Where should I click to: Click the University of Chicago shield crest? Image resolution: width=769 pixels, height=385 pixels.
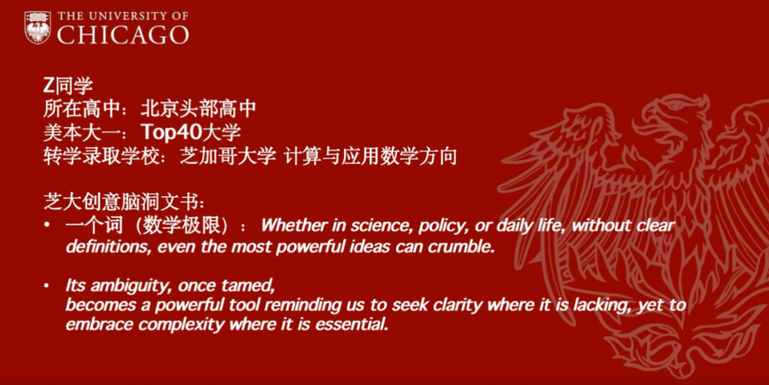37,28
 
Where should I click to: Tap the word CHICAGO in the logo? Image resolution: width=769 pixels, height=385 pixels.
122,35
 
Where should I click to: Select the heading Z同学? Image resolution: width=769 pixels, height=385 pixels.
68,86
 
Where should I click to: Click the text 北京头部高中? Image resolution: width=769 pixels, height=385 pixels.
198,109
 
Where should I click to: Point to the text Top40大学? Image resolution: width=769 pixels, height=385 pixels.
191,133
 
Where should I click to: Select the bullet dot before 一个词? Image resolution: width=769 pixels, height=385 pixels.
46,225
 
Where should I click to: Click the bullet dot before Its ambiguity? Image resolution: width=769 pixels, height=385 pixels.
46,285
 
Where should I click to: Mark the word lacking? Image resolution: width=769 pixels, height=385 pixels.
598,305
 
